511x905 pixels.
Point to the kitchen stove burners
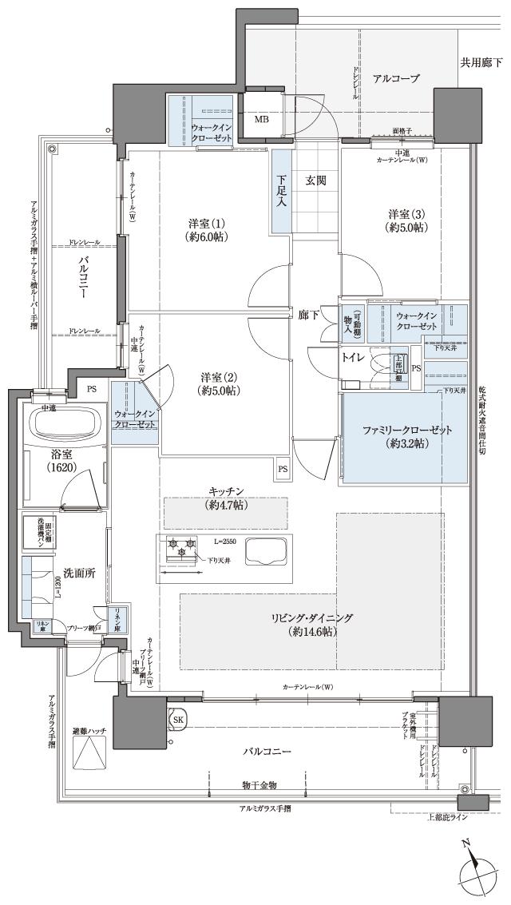(x=180, y=550)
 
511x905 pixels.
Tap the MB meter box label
(x=262, y=121)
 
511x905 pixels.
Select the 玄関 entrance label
(x=316, y=181)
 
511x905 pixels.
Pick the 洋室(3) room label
(x=406, y=220)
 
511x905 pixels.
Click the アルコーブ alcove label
(x=396, y=77)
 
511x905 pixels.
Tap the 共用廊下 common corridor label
(x=481, y=62)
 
